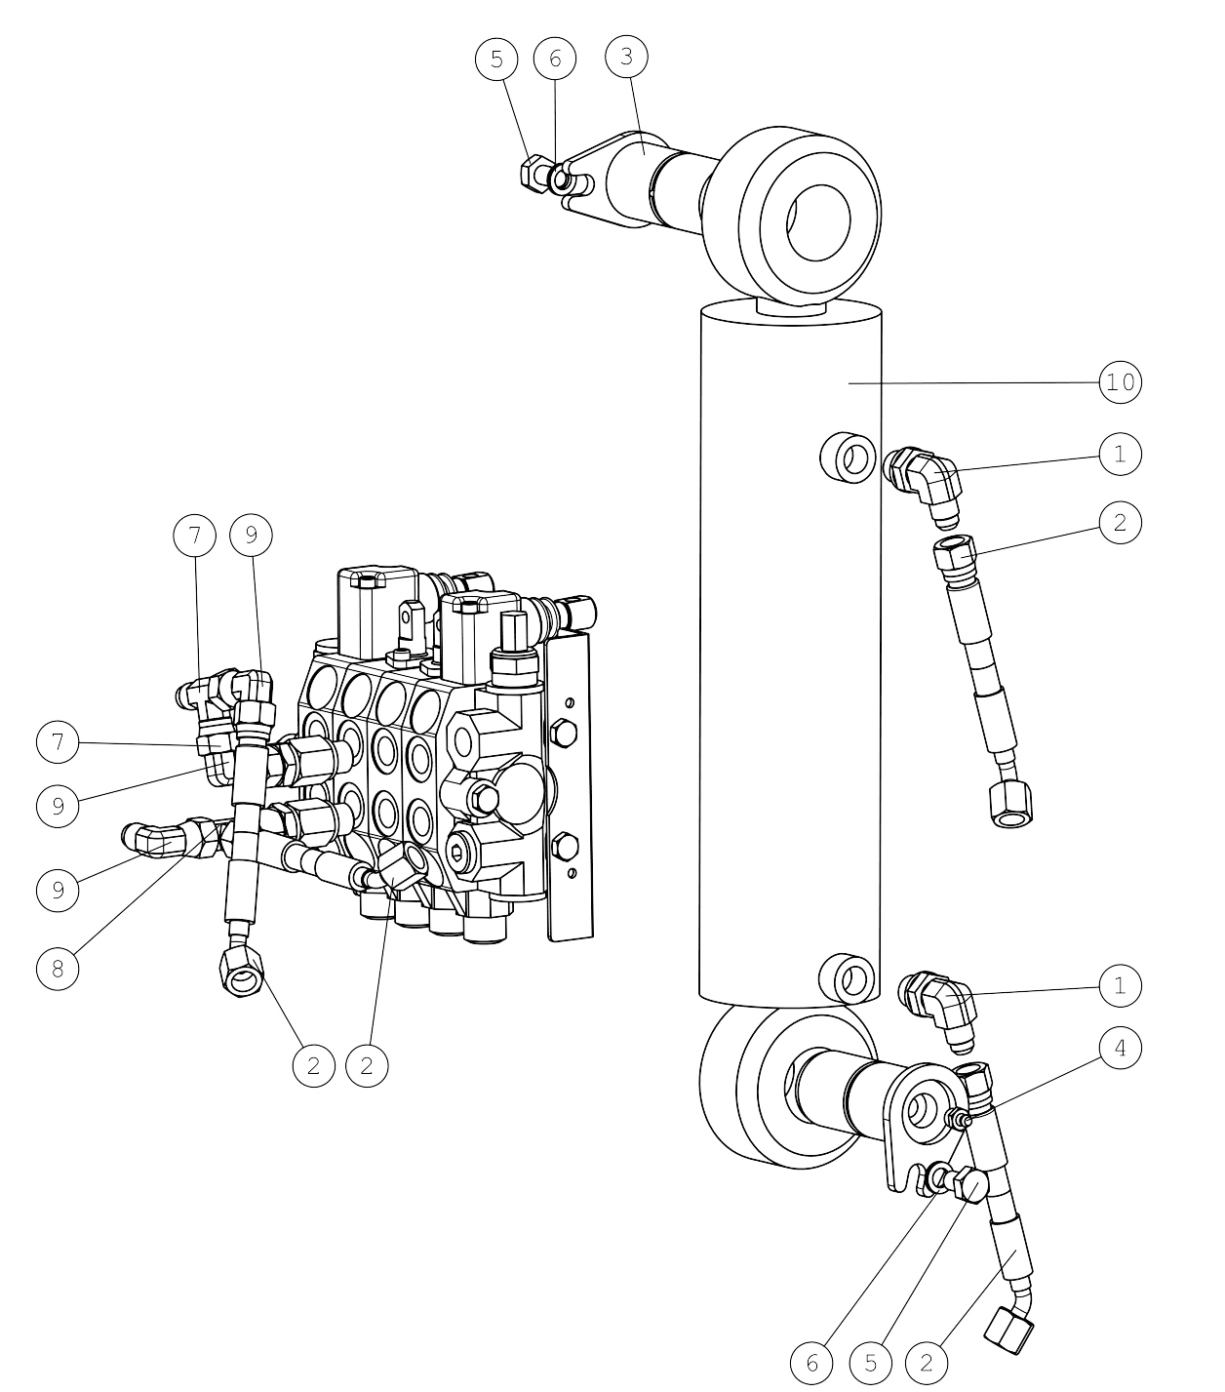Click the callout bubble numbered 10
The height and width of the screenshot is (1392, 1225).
(1120, 382)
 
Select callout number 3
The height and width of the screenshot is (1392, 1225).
(626, 57)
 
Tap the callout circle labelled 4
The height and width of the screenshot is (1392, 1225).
(1120, 1049)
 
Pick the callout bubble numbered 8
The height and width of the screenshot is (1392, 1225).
(58, 969)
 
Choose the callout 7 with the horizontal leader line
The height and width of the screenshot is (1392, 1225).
(58, 742)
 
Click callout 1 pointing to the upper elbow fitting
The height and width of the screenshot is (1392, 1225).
(1120, 455)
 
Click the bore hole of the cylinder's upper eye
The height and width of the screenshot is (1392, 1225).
(817, 222)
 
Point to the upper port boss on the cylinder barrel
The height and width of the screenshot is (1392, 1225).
(849, 457)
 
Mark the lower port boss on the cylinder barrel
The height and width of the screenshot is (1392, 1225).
(849, 979)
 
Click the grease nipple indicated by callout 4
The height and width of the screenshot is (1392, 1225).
(958, 1119)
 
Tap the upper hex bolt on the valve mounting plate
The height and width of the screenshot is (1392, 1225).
(564, 734)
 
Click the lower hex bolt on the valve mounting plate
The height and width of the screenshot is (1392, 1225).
(564, 847)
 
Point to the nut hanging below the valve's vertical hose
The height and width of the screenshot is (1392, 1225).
(241, 971)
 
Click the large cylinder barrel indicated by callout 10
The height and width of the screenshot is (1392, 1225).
(790, 653)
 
